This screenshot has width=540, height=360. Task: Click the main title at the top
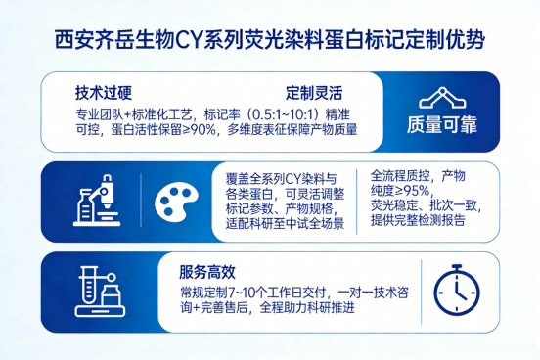(269, 41)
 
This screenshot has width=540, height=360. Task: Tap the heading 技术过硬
(102, 94)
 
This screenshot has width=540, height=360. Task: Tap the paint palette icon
(176, 202)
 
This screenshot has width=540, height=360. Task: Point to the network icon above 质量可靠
(444, 96)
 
